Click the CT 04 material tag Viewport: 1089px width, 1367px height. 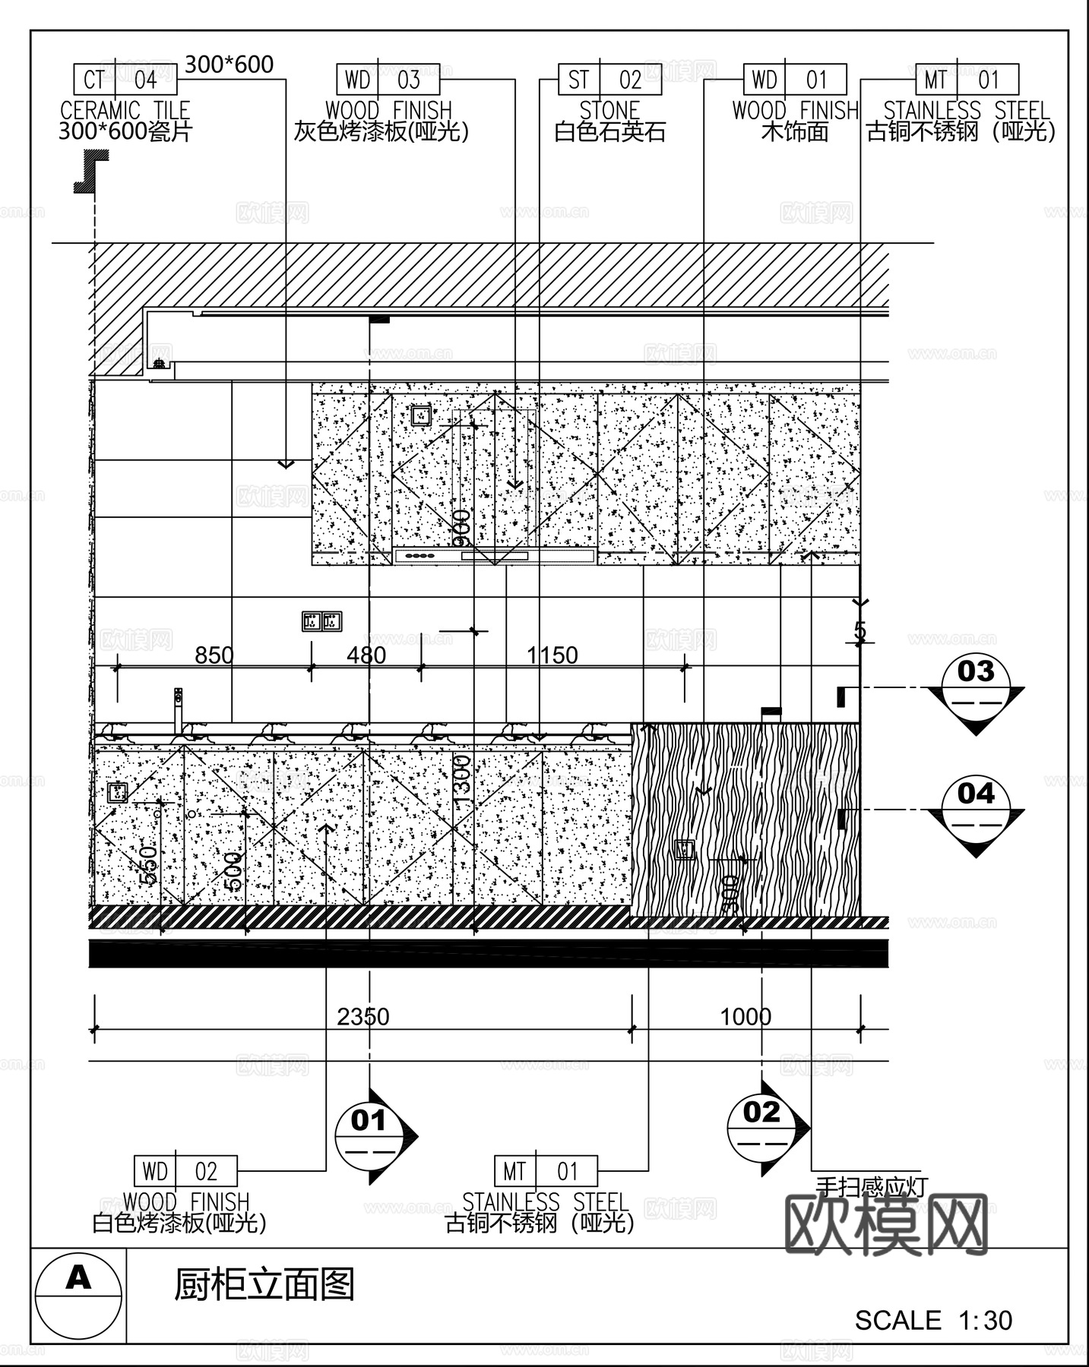point(125,80)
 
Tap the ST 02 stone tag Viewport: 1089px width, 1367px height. point(609,80)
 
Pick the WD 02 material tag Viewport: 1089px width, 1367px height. point(185,1171)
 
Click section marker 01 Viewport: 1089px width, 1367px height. point(369,1135)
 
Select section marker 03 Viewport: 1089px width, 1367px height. point(976,686)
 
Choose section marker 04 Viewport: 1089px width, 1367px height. point(976,808)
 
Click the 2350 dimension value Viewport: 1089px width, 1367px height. point(363,1016)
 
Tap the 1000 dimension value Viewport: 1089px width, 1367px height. point(746,1016)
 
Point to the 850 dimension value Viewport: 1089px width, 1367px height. point(214,655)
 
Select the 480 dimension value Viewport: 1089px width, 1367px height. point(366,655)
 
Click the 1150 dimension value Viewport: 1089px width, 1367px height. point(552,655)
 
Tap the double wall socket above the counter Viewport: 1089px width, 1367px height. point(322,621)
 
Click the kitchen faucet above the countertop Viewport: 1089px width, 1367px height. point(179,710)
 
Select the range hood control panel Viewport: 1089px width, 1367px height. point(494,557)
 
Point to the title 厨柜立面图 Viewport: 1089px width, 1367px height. point(264,1284)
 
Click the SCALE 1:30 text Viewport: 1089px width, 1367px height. point(933,1321)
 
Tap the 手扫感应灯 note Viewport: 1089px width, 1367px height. point(871,1185)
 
